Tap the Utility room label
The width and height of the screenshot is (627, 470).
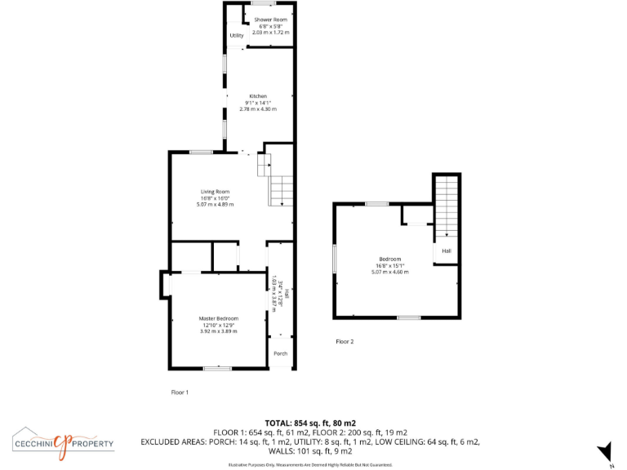coord(236,36)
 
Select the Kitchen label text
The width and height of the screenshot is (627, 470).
coord(258,96)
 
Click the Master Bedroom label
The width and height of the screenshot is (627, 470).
coord(219,318)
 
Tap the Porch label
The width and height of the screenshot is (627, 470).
coord(280,353)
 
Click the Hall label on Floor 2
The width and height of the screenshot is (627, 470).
coord(447,251)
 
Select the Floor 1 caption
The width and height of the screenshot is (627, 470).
coord(180,392)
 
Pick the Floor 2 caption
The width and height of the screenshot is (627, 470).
coord(345,342)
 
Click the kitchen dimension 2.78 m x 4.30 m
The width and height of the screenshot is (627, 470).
coord(258,109)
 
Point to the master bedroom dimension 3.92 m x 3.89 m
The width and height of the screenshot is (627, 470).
coord(219,331)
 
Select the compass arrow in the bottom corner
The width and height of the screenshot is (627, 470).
coord(605,451)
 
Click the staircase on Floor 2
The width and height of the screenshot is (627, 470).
coord(446,208)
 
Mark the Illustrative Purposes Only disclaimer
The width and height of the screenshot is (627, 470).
coord(309,464)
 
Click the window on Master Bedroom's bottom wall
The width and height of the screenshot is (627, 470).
coord(216,368)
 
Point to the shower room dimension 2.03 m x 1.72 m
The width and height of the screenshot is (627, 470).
coord(270,32)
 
